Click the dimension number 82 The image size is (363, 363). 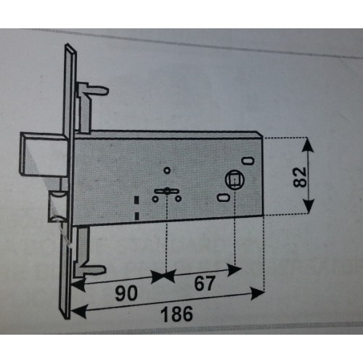(x=300, y=177)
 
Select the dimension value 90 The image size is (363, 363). (x=126, y=293)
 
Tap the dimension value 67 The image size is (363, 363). (x=205, y=283)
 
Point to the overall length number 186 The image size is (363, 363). (x=177, y=314)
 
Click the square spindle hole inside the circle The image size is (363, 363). (x=234, y=180)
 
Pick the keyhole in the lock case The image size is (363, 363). (x=167, y=191)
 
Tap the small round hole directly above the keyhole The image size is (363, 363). (x=167, y=171)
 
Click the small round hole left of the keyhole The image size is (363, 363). (x=155, y=199)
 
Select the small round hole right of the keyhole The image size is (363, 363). (x=179, y=199)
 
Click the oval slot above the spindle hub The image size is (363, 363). (x=248, y=160)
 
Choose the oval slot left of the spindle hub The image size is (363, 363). (x=224, y=197)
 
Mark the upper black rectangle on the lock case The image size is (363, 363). (x=137, y=200)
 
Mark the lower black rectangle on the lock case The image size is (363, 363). (x=137, y=216)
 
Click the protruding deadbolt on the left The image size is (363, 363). (x=44, y=153)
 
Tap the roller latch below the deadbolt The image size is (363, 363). (x=57, y=206)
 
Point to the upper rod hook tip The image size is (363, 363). (x=107, y=91)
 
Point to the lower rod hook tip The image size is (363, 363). (x=104, y=269)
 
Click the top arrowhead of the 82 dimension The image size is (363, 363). (x=307, y=144)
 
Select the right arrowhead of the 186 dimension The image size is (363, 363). (x=258, y=293)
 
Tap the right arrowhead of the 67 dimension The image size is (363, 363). (x=234, y=269)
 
